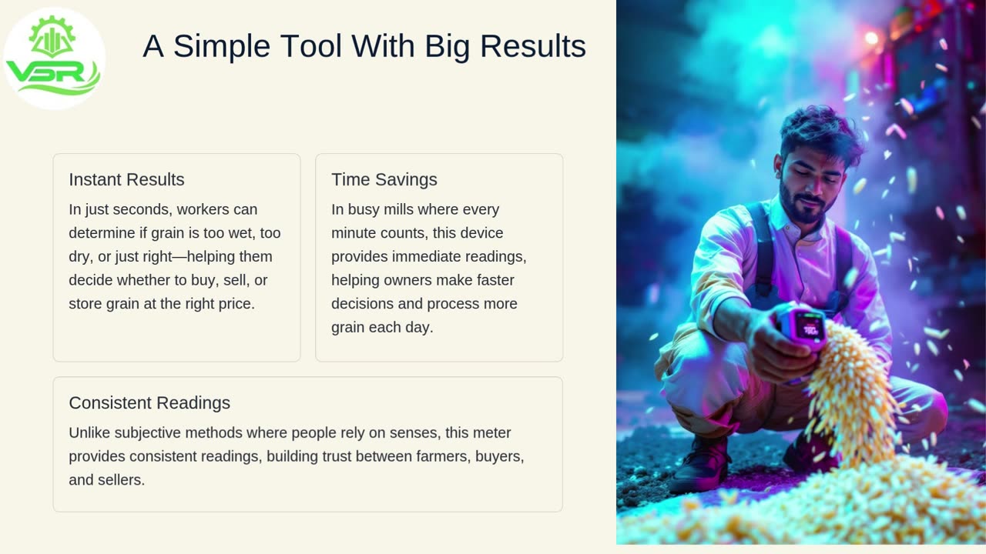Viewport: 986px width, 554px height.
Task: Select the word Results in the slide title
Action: point(533,45)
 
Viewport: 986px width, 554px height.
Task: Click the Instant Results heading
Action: point(126,179)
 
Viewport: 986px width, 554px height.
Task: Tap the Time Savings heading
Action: point(384,179)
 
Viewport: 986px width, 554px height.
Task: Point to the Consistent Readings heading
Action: point(149,402)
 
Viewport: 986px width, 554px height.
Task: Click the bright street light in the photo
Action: point(871,38)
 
